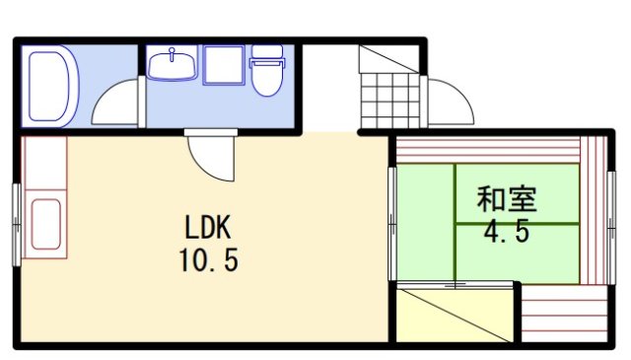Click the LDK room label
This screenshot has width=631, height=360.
207,229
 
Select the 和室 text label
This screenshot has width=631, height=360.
506,200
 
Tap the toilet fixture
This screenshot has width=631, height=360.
266,73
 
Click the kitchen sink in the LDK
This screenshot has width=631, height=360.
45,227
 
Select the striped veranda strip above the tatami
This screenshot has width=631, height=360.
488,151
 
